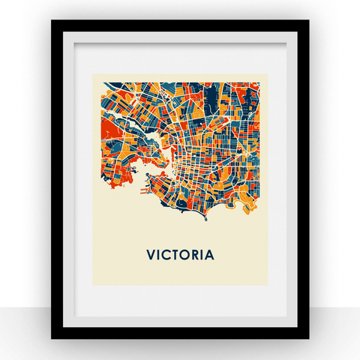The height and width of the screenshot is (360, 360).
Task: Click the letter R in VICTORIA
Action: tap(193, 255)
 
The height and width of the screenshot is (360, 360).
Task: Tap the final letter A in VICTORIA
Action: tap(209, 255)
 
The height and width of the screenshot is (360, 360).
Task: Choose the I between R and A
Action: tap(201, 255)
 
